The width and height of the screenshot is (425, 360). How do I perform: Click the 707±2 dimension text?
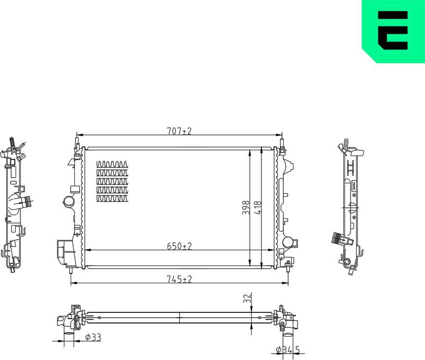180,131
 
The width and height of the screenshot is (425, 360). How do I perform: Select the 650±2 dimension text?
180,247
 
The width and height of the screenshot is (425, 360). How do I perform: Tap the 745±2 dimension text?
180,279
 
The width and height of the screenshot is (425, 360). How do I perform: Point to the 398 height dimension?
246,208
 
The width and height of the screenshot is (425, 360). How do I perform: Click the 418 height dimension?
259,208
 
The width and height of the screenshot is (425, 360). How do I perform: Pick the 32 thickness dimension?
247,298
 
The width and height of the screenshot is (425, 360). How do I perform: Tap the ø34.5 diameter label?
288,349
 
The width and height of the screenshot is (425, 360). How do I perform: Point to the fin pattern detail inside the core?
113,181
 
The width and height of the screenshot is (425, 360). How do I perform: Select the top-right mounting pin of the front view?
281,143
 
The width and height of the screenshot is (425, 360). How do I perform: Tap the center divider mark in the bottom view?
180,318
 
